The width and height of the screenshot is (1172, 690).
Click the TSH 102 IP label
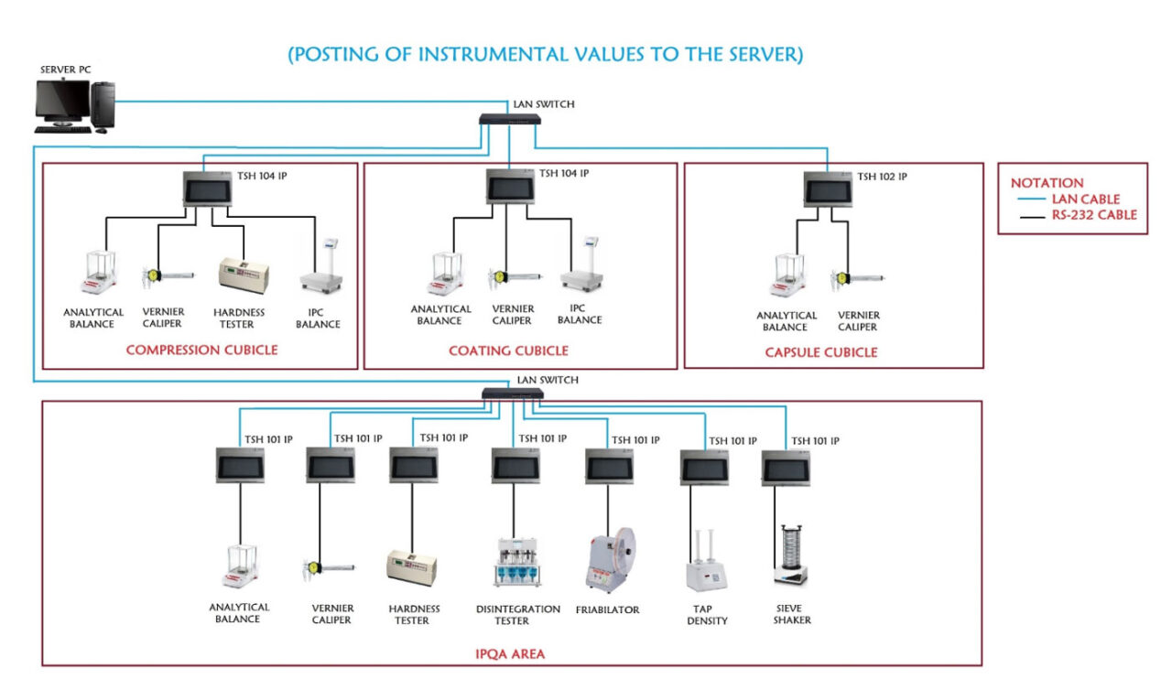882,177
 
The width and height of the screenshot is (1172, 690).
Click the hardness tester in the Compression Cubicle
242,275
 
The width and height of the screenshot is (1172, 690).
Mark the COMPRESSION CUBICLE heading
201,350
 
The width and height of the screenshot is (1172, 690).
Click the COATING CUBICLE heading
508,350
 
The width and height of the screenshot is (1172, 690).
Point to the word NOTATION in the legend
1047,183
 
